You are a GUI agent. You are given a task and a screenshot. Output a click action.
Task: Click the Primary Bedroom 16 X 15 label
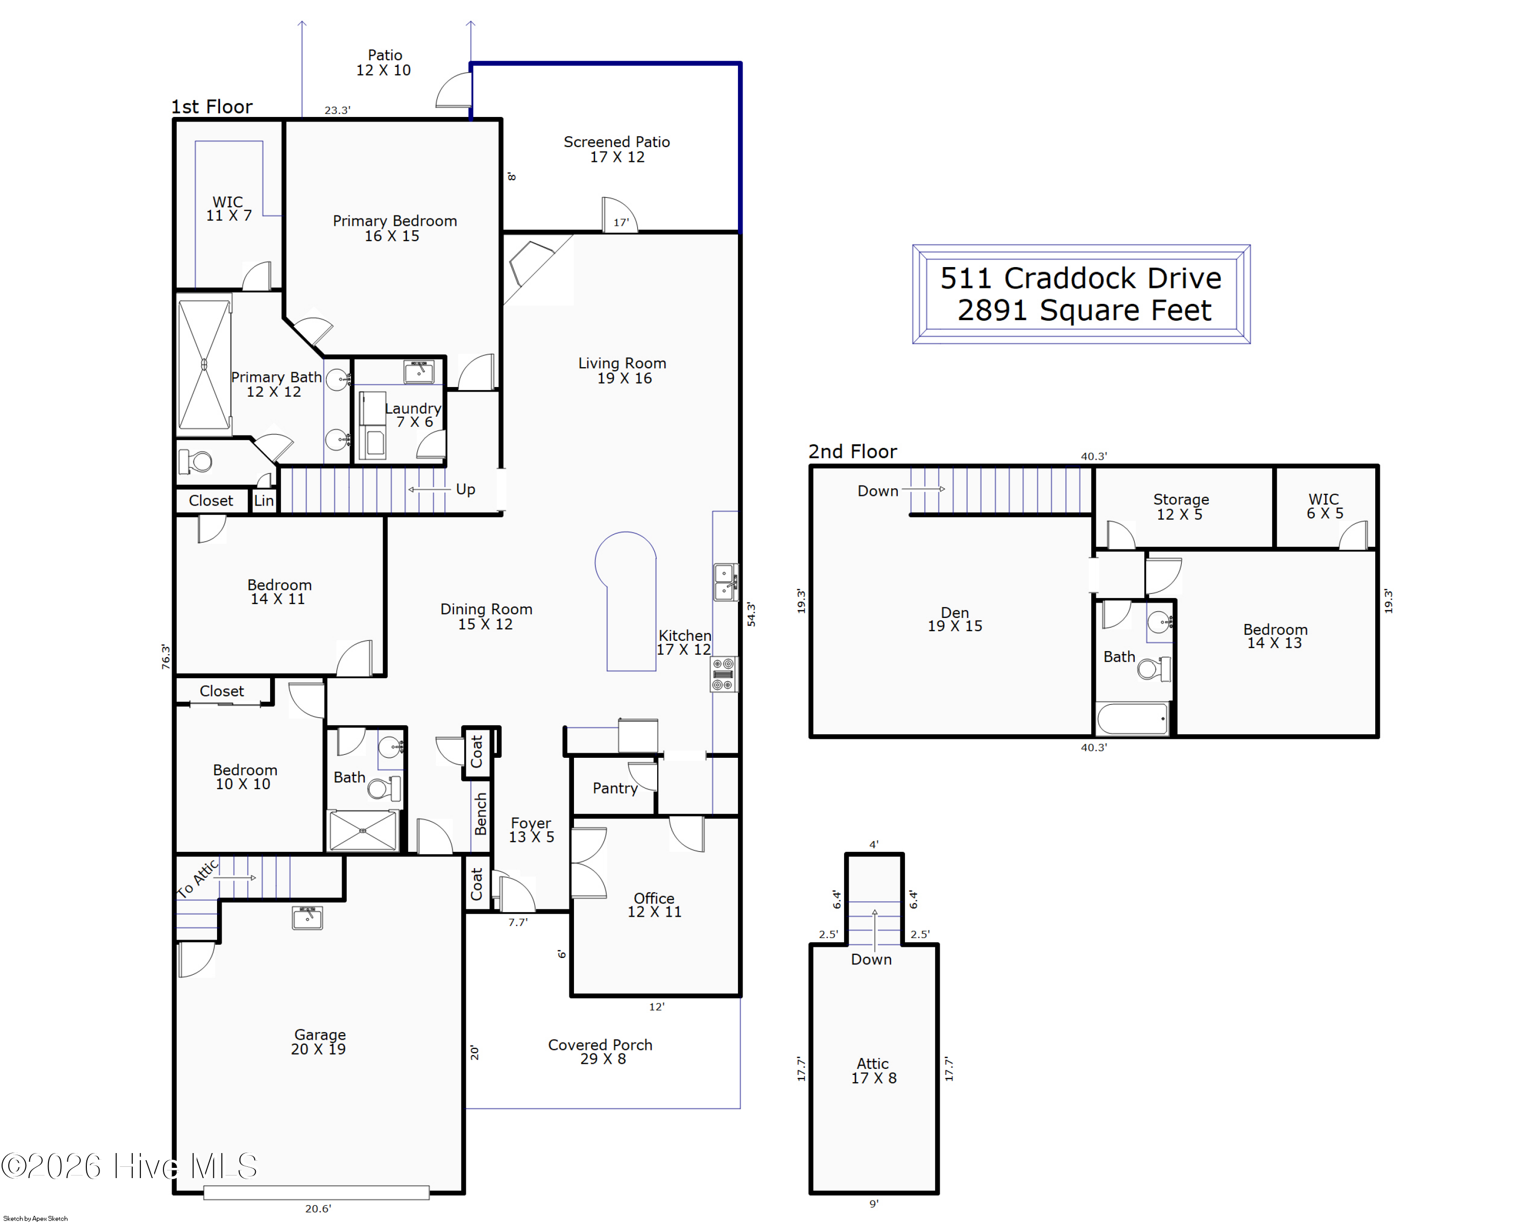click(394, 228)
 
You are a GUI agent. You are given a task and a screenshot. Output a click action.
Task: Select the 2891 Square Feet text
click(1084, 310)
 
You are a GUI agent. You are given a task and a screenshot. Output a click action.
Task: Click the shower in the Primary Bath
click(204, 365)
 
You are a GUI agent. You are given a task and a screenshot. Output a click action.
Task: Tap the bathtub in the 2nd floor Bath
click(1133, 719)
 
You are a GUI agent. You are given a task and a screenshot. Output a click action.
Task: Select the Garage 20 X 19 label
click(319, 1042)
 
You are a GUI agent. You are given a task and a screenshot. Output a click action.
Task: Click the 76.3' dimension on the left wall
click(165, 657)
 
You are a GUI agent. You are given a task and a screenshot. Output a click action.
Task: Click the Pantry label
click(615, 788)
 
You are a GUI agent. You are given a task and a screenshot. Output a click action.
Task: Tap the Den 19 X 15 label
click(954, 619)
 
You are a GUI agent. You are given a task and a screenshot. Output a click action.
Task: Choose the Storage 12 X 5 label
click(1180, 507)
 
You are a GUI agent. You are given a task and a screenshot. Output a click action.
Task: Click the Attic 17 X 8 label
click(873, 1070)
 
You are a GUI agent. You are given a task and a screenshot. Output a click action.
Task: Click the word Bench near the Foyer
click(481, 813)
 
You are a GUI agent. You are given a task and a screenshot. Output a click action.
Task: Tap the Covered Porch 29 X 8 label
click(601, 1051)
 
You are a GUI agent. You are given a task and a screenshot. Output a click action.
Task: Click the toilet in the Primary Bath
click(196, 462)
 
